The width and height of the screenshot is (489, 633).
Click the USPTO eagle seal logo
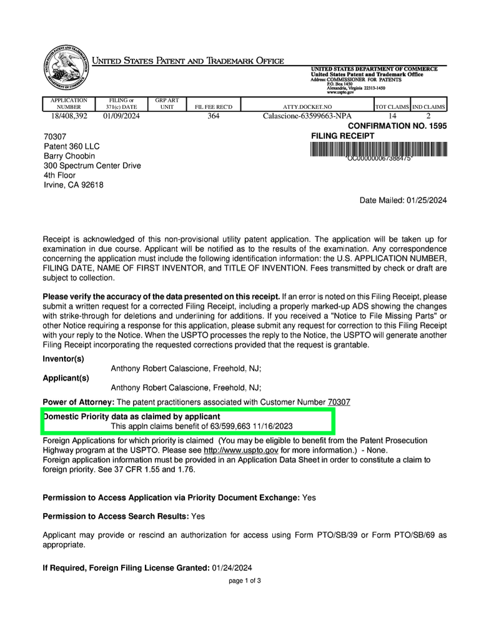[x=66, y=69]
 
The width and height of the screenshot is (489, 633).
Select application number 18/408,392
[x=69, y=116]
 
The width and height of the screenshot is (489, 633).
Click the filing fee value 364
[x=214, y=116]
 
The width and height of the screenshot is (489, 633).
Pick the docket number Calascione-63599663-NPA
[x=308, y=116]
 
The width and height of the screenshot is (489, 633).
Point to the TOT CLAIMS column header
[x=392, y=107]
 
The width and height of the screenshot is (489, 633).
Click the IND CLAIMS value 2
[x=428, y=116]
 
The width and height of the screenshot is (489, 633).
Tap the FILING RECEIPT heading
[x=343, y=136]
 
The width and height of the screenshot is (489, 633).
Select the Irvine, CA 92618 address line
[x=74, y=185]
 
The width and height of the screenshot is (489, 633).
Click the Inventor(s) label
[x=63, y=359]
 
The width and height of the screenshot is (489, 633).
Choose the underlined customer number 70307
[x=339, y=402]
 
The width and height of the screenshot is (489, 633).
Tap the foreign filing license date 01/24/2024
[x=232, y=567]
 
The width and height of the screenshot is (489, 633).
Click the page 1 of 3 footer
[x=245, y=581]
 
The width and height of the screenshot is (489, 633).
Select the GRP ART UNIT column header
[x=167, y=103]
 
